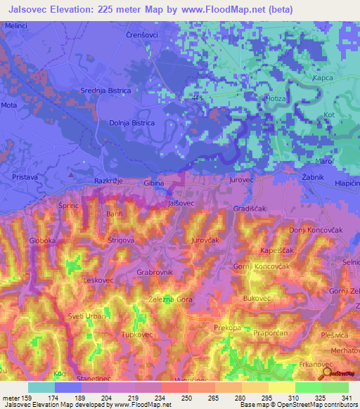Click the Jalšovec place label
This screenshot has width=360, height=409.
[x=181, y=202]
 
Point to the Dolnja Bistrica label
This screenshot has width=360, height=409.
[x=131, y=122]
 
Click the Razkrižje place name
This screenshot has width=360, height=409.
[x=109, y=181]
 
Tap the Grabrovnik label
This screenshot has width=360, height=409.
[x=155, y=271]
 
